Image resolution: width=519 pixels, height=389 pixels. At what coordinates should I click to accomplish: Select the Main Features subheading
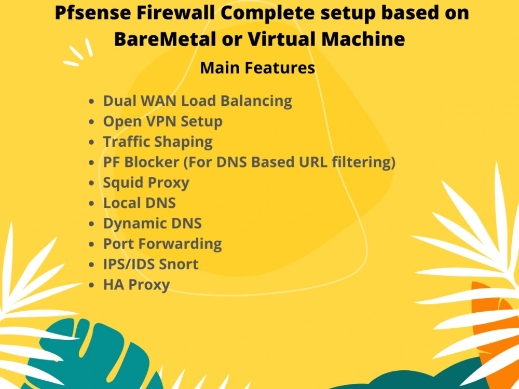(257, 68)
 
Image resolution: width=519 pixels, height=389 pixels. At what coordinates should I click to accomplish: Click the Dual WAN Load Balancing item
(197, 101)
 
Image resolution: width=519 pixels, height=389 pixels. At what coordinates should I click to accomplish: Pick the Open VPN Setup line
(162, 121)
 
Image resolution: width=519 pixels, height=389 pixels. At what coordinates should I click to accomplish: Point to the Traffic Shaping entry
(158, 142)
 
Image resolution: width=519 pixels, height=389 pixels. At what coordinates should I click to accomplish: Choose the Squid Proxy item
(146, 183)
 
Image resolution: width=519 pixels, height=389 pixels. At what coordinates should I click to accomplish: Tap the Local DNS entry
(139, 203)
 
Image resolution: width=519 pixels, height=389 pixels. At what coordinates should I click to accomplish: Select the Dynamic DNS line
(152, 224)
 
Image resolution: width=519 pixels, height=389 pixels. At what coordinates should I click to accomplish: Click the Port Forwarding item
(162, 244)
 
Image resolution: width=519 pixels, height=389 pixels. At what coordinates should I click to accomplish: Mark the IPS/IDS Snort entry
(151, 264)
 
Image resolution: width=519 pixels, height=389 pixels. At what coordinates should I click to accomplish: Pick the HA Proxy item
(136, 285)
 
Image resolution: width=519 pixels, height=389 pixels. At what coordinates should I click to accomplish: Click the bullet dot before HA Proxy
(92, 285)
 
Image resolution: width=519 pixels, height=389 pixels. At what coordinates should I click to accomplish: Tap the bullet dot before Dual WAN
(92, 101)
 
